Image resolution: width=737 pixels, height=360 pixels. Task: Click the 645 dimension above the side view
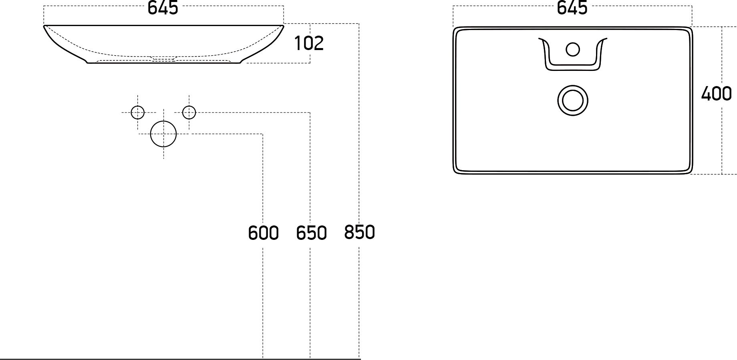pos(163,8)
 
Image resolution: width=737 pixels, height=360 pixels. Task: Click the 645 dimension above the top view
pos(572,8)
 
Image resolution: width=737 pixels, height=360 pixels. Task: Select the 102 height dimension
pos(309,43)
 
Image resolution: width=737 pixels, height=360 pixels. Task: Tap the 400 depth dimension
pos(717,94)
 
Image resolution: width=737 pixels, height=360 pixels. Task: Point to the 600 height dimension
pos(263,233)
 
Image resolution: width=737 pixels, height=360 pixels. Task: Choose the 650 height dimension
pos(311,233)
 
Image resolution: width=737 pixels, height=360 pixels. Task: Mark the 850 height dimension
pos(359,232)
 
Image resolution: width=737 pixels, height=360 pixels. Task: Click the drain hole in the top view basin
pos(573,100)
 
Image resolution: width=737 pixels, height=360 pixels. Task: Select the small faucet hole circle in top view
pos(573,49)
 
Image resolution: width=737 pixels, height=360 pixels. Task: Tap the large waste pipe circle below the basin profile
pos(163,134)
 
